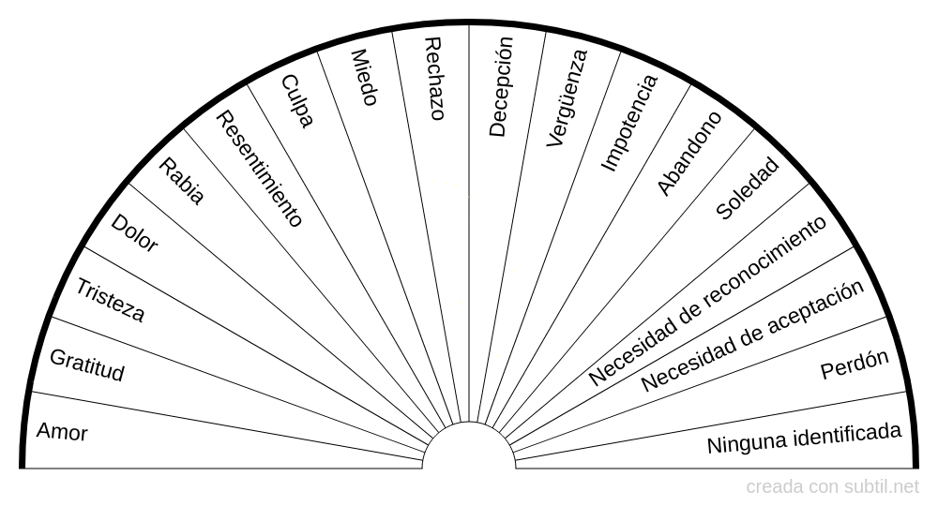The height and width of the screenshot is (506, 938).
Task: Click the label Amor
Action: click(62, 431)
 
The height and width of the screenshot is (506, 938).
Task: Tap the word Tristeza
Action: click(110, 301)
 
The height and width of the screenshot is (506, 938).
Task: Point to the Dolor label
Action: click(134, 233)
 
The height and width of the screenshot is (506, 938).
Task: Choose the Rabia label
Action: click(182, 181)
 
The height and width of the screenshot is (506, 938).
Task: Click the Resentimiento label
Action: click(259, 169)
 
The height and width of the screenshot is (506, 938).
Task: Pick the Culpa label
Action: click(297, 101)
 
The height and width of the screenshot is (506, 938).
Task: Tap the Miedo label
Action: click(364, 78)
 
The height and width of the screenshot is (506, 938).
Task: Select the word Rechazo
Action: click(434, 79)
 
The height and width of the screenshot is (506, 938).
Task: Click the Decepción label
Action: click(501, 86)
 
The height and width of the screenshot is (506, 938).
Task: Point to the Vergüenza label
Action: click(567, 98)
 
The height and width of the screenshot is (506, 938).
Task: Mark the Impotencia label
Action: click(628, 123)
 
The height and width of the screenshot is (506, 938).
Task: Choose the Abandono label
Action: click(689, 154)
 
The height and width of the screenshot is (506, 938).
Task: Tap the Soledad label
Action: click(748, 188)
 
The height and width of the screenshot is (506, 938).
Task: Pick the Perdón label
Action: click(855, 365)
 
